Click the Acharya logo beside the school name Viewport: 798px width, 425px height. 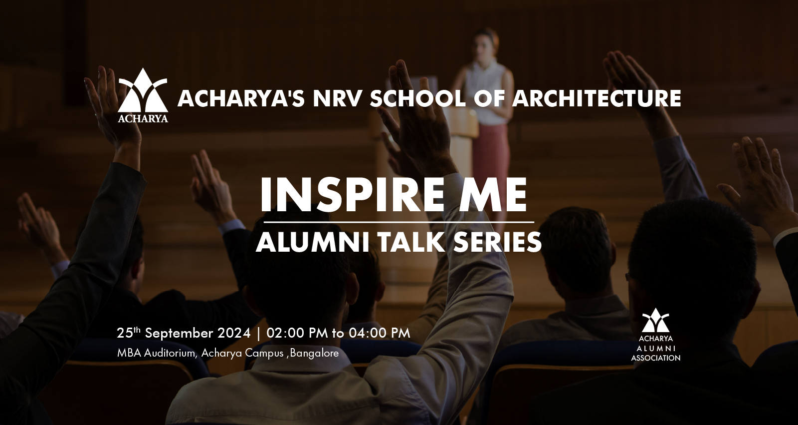click(143, 95)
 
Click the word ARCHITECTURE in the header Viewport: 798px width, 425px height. click(597, 98)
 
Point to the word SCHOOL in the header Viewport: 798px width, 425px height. click(417, 98)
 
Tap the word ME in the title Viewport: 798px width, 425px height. click(498, 195)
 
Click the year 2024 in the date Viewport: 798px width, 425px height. click(234, 333)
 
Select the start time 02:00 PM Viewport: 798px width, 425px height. click(297, 333)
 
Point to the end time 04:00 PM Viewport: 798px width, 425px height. click(380, 333)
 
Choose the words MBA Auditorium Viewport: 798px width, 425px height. click(157, 353)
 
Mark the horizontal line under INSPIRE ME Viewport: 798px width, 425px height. click(399, 222)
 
